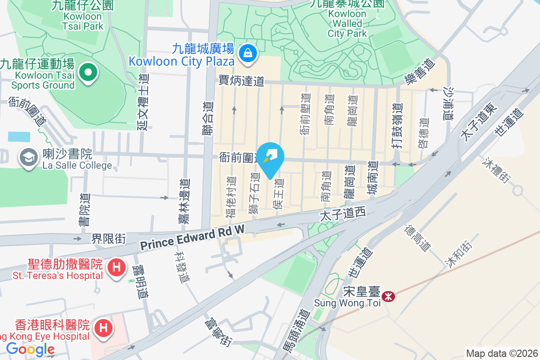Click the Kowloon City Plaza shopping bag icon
tap(247, 53)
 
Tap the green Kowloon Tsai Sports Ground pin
tap(89, 72)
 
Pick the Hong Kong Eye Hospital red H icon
tap(103, 327)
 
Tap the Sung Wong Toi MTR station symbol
tap(387, 297)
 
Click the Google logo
tap(30, 349)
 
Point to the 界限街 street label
tap(108, 238)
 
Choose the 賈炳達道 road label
tap(241, 81)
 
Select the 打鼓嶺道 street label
tap(396, 124)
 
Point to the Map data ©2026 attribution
tap(501, 354)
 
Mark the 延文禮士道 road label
tap(143, 102)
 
